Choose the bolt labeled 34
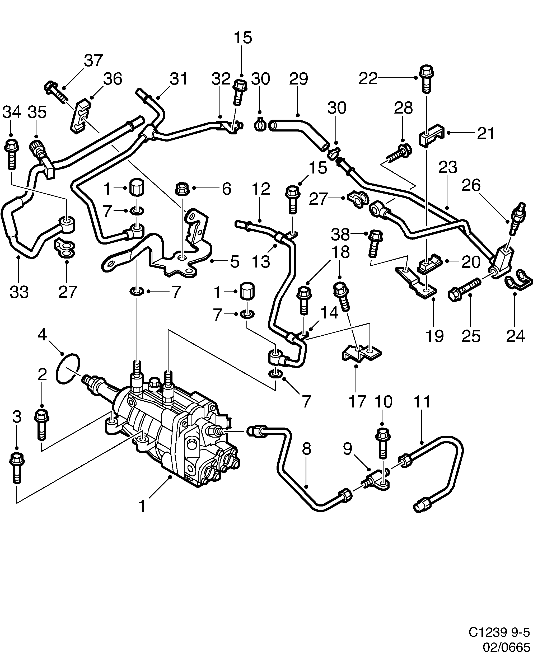(11, 153)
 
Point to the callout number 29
(298, 79)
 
